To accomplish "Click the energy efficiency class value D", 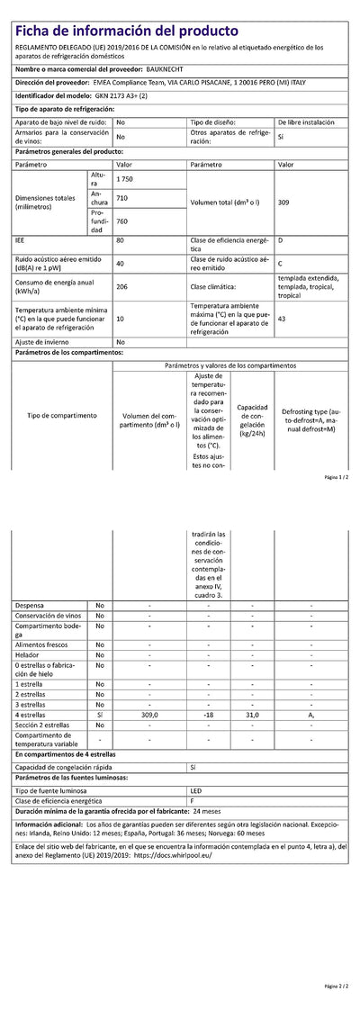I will [x=281, y=241].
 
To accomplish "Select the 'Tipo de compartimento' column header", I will [x=61, y=416].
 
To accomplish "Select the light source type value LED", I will [x=196, y=789].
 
